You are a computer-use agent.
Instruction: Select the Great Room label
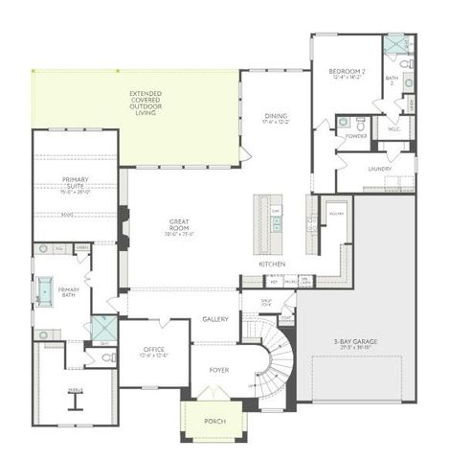pos(179,226)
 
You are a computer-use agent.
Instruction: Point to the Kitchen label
pos(272,264)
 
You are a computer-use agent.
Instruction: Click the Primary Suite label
pos(75,183)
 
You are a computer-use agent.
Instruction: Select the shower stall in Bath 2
pos(394,45)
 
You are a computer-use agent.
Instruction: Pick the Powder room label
pos(357,135)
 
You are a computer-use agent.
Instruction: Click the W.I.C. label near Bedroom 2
pos(394,129)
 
